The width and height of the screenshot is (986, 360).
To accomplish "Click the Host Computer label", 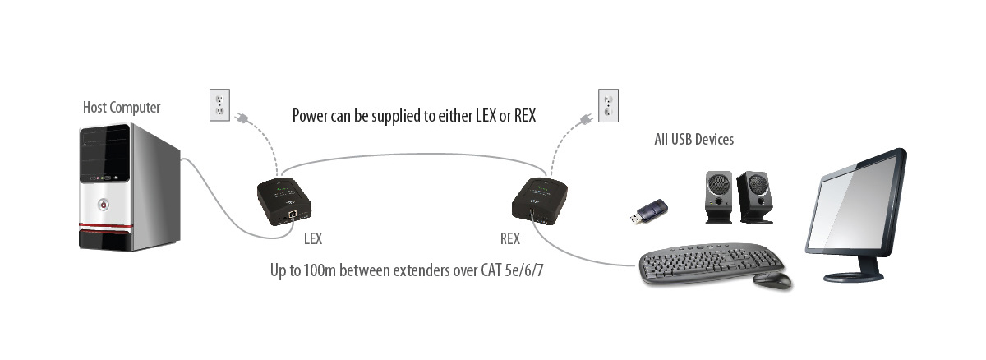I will pos(122,108).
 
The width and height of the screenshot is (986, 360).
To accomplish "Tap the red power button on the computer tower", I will pos(104,205).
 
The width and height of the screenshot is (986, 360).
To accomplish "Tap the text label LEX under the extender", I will pos(312,239).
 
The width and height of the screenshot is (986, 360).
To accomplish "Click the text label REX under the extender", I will pos(510,239).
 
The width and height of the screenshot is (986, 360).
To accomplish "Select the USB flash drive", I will pos(649,210).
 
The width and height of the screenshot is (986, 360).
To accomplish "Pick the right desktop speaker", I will pos(754,197).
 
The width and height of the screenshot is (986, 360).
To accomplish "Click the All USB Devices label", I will pos(694,140).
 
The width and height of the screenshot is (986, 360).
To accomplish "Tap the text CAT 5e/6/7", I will pos(513,270).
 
